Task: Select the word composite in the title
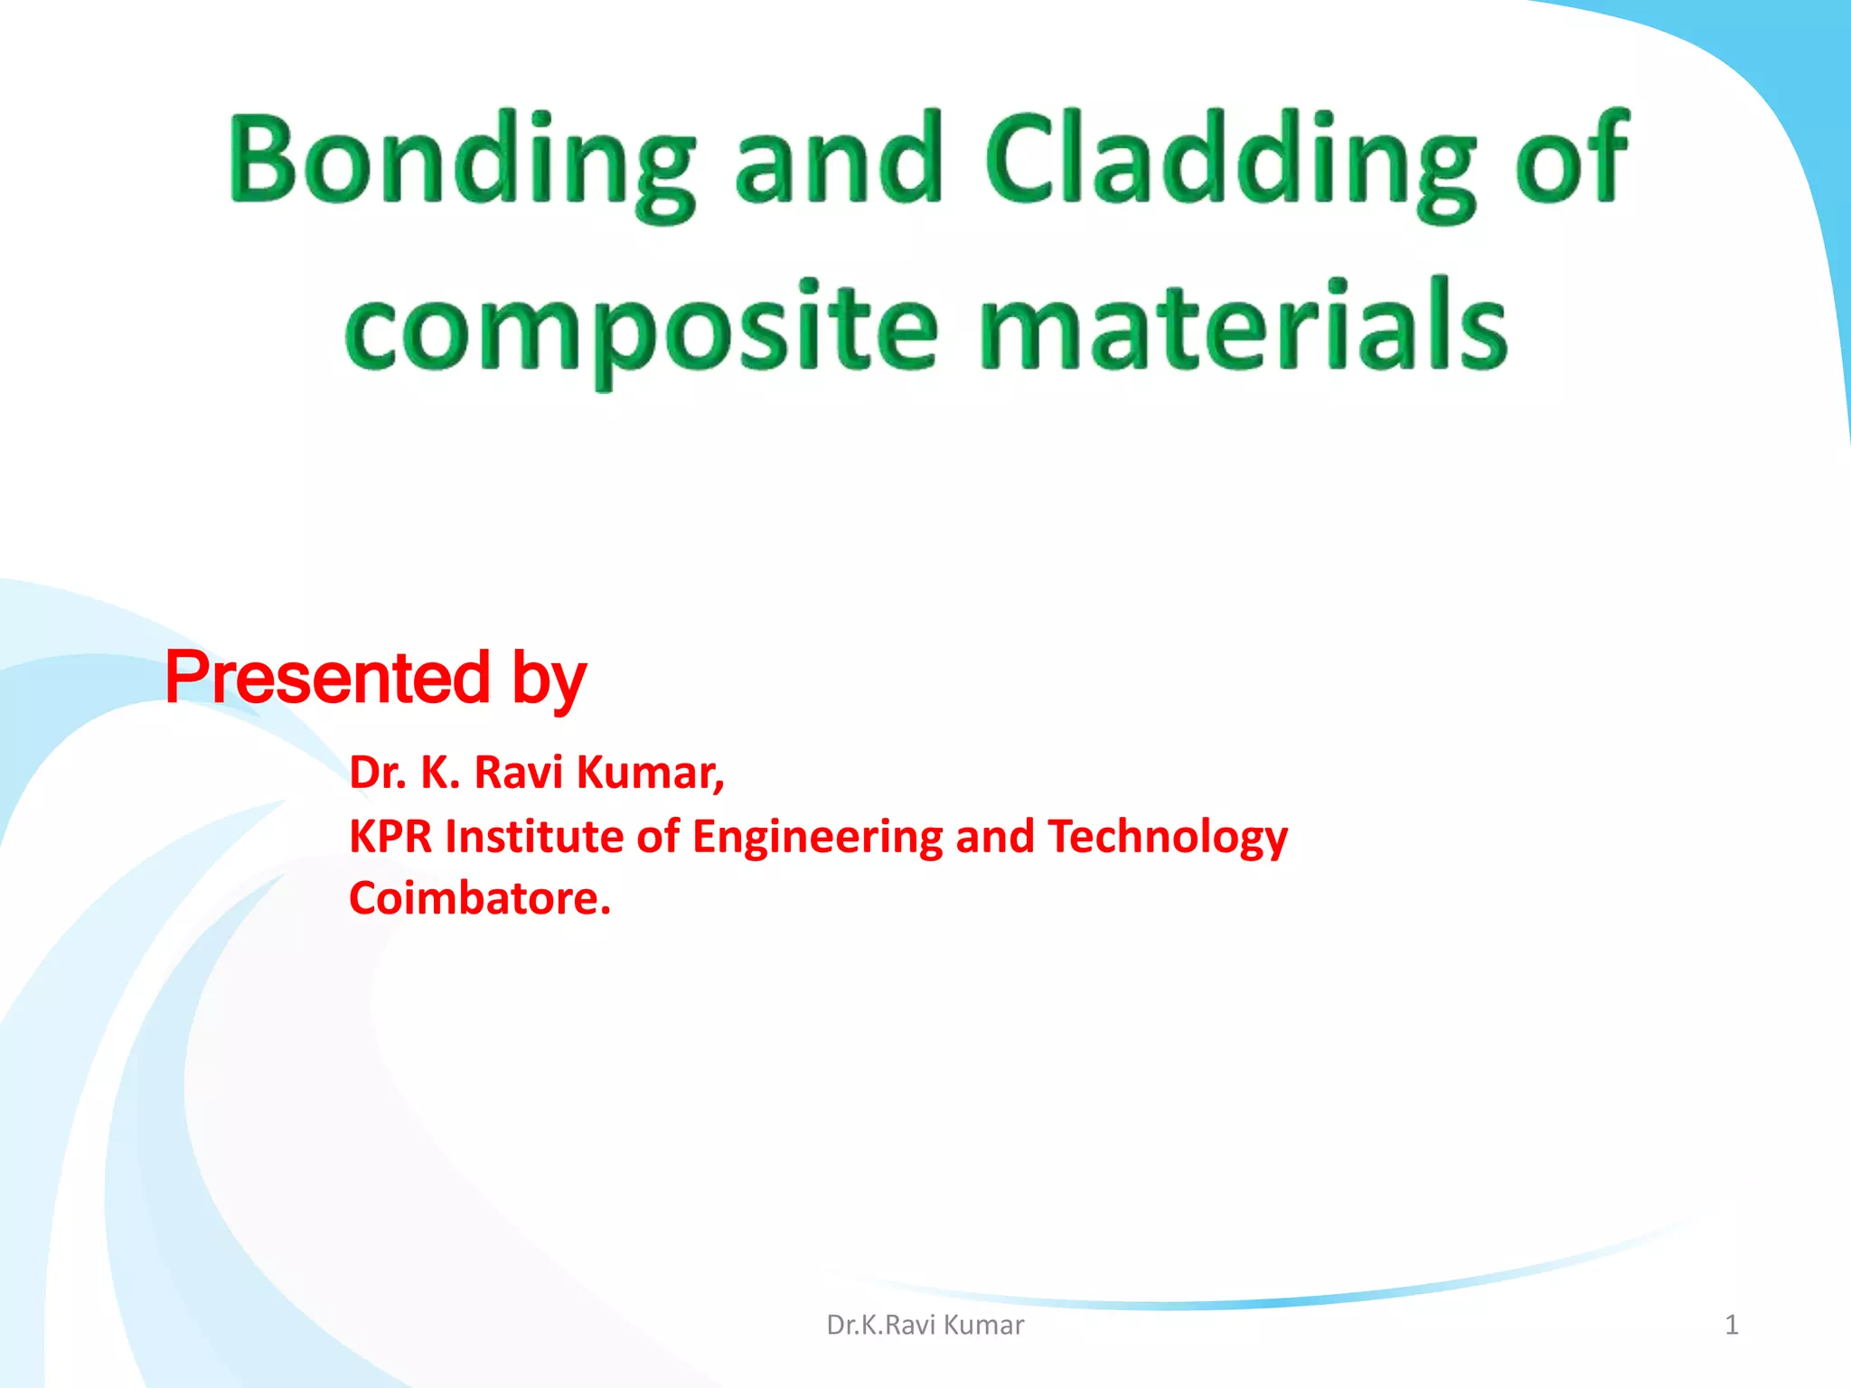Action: (642, 330)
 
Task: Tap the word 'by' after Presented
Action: (550, 682)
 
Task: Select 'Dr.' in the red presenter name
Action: (378, 774)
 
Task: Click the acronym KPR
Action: (391, 837)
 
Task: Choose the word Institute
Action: (534, 837)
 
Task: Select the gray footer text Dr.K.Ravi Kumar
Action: (925, 1325)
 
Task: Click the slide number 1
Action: (1731, 1325)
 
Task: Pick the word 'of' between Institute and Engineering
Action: (657, 837)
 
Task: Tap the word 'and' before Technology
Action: (994, 837)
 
